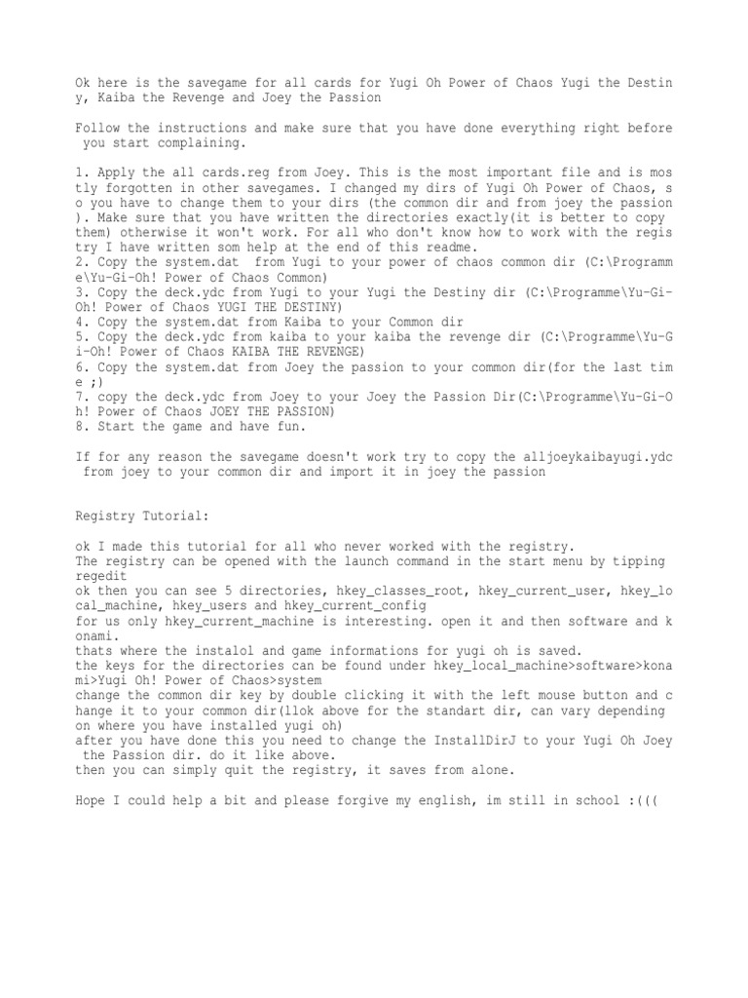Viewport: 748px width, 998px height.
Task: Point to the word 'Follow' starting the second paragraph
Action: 99,128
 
